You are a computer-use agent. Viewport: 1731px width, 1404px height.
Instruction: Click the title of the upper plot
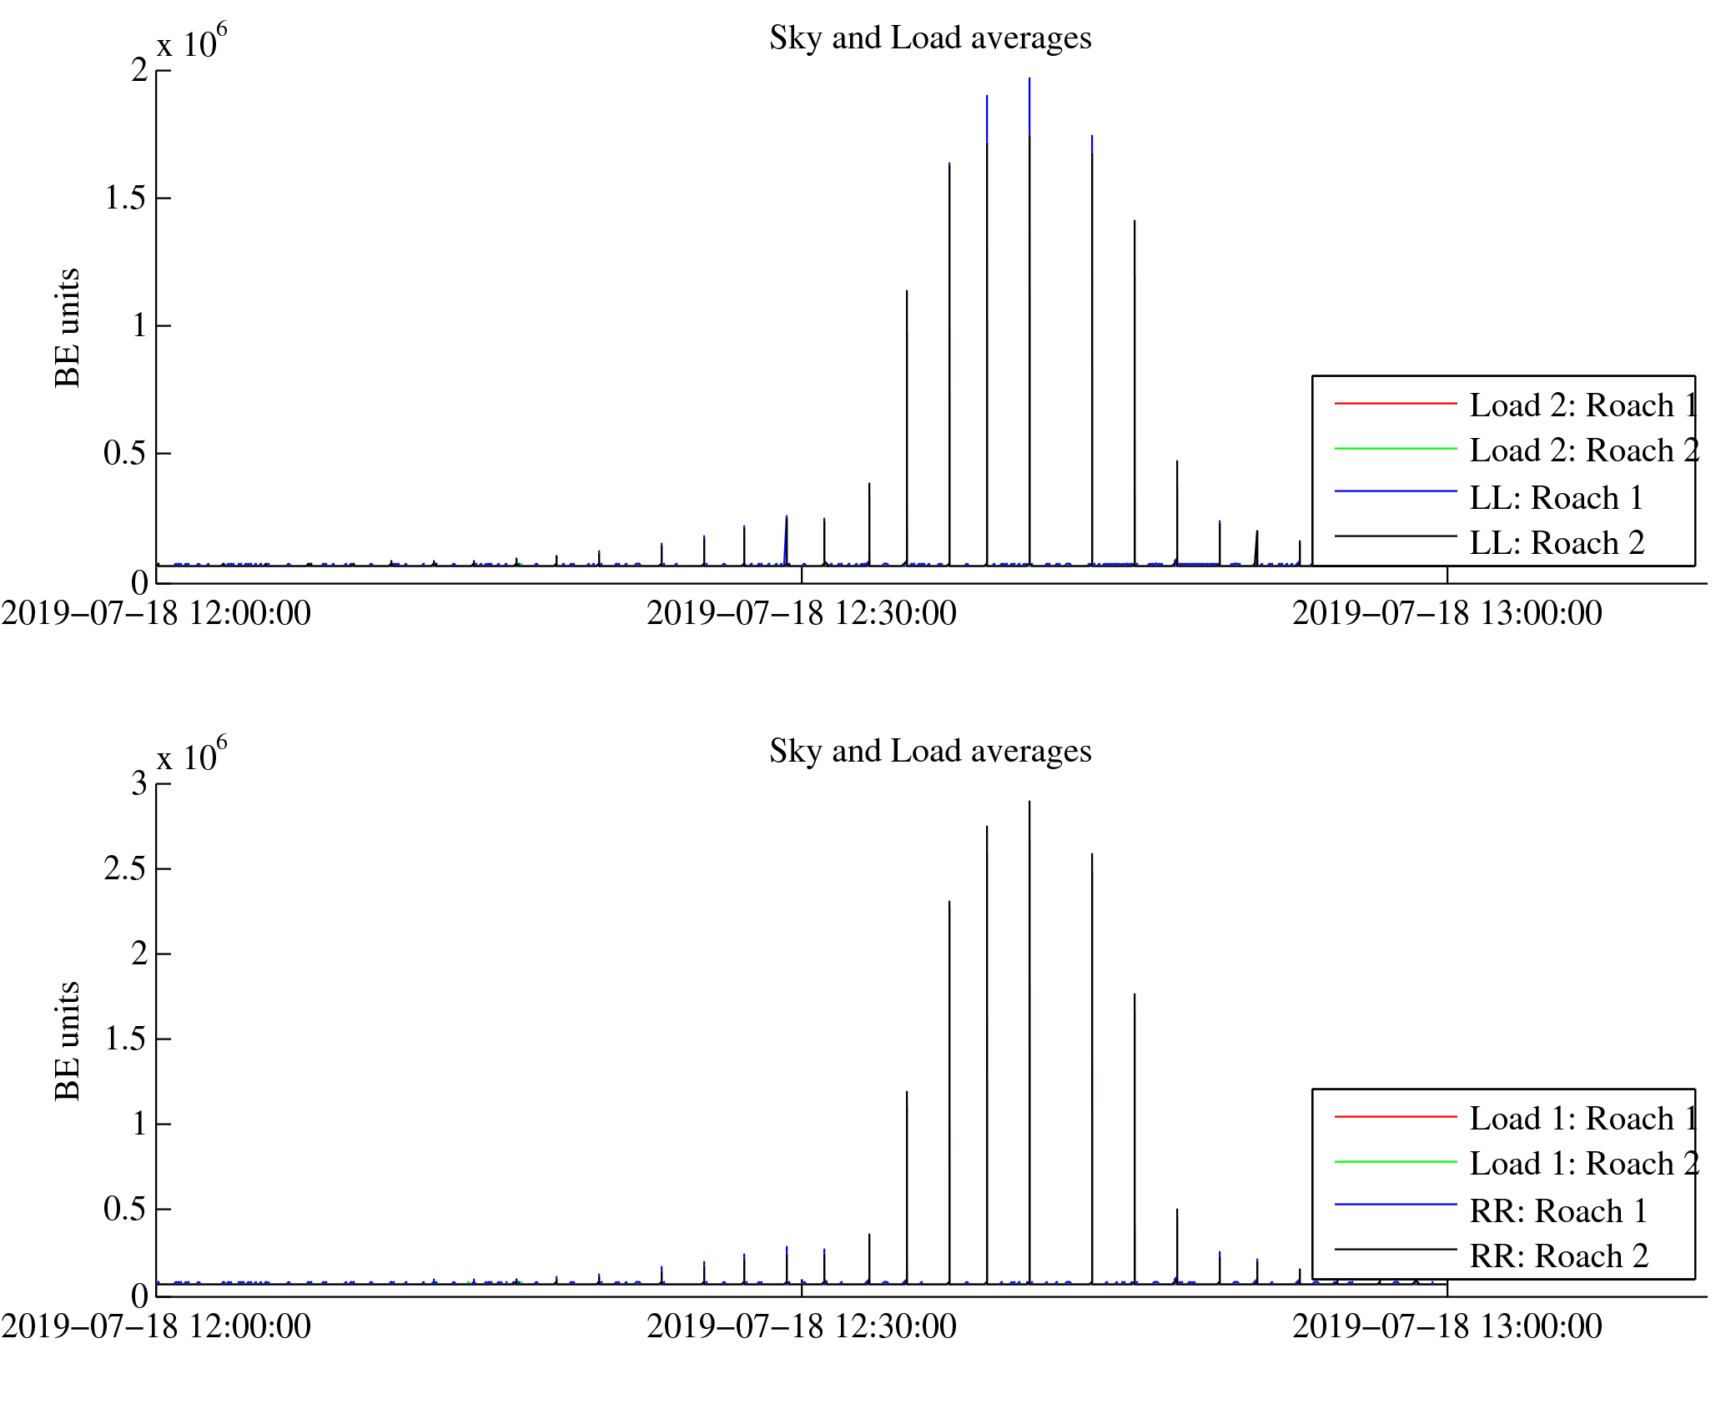pyautogui.click(x=929, y=38)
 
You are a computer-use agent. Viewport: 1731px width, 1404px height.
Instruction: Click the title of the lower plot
pyautogui.click(x=929, y=752)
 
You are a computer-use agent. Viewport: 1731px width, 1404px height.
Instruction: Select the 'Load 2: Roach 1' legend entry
pyautogui.click(x=1583, y=405)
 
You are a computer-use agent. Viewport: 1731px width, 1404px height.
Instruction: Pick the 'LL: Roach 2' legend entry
pyautogui.click(x=1557, y=543)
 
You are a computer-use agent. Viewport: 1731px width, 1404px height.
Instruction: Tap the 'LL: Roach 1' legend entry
pyautogui.click(x=1556, y=498)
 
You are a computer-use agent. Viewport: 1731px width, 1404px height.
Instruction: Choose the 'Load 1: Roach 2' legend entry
pyautogui.click(x=1583, y=1164)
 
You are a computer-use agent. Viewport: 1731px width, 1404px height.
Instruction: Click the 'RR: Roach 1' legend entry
pyautogui.click(x=1558, y=1210)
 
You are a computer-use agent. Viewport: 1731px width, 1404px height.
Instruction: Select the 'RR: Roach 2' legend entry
pyautogui.click(x=1558, y=1256)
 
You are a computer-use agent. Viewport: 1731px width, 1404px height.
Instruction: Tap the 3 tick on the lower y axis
pyautogui.click(x=138, y=783)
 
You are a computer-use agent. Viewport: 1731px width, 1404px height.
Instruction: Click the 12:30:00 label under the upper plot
pyautogui.click(x=801, y=614)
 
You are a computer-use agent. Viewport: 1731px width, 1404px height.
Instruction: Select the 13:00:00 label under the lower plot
pyautogui.click(x=1447, y=1327)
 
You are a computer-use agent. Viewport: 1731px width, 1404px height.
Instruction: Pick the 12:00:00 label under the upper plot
pyautogui.click(x=156, y=614)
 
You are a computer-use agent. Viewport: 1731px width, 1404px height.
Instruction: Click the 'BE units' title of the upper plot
pyautogui.click(x=68, y=328)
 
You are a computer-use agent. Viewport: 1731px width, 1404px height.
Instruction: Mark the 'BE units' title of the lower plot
pyautogui.click(x=68, y=1041)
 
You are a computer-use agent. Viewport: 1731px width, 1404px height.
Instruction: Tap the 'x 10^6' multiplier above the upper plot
pyautogui.click(x=191, y=43)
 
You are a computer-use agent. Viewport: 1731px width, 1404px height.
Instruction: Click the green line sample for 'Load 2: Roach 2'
pyautogui.click(x=1395, y=449)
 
